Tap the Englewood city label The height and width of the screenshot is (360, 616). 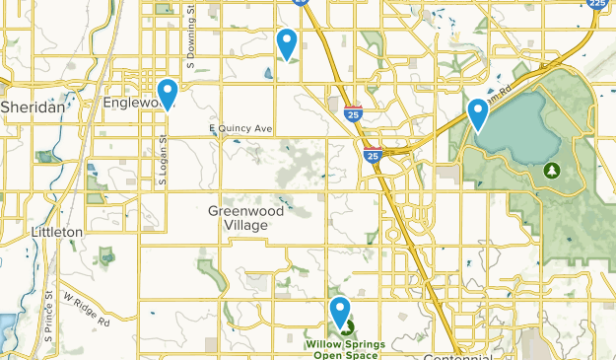(x=130, y=102)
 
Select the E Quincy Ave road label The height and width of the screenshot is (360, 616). (x=240, y=128)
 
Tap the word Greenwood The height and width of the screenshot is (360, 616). (x=246, y=211)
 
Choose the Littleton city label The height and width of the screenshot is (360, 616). (x=56, y=231)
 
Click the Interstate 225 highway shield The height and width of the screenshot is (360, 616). (x=597, y=5)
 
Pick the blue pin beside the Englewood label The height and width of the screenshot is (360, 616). (x=169, y=93)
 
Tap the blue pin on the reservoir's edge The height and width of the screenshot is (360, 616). (x=479, y=114)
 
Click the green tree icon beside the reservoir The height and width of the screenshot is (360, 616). (x=551, y=171)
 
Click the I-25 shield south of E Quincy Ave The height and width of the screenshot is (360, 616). (x=373, y=155)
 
